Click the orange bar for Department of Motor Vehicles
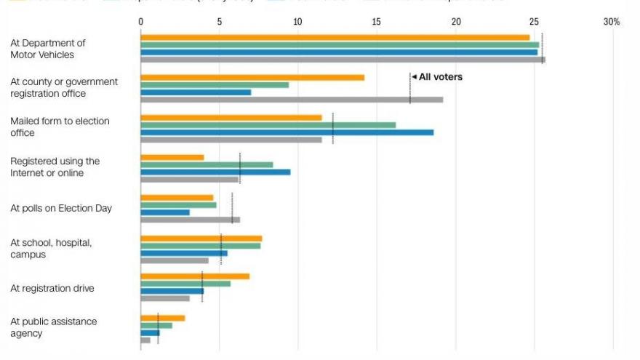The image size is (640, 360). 335,37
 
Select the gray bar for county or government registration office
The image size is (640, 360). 291,100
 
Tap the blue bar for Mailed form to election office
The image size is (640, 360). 287,132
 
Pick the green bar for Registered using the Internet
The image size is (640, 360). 207,164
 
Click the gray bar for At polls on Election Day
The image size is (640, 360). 190,220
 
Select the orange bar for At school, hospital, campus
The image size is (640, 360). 201,239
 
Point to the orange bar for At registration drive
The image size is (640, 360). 195,276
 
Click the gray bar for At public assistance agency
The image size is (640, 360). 145,340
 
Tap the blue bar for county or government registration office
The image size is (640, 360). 196,92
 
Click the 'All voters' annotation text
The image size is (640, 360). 441,76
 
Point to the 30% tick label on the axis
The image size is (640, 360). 612,22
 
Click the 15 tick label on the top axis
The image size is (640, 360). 377,22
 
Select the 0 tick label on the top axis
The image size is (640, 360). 141,22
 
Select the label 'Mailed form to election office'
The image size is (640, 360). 60,127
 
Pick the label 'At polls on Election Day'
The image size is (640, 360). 61,208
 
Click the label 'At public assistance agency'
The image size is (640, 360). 53,327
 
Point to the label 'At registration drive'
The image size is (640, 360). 52,288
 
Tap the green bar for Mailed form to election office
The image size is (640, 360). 268,125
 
